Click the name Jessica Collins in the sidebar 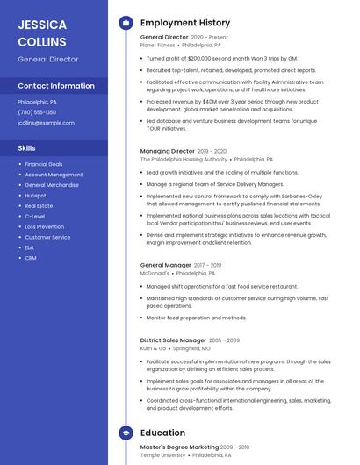[x=42, y=32]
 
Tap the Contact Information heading [x=56, y=86]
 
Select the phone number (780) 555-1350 [x=37, y=112]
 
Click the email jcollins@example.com [x=46, y=123]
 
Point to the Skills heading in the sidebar [x=26, y=148]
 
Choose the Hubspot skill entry [x=36, y=195]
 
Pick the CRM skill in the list [x=31, y=258]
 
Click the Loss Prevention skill [x=44, y=226]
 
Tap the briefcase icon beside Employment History [x=126, y=23]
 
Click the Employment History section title [x=185, y=23]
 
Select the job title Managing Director [x=168, y=151]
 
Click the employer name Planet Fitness [x=163, y=45]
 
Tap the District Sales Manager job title [x=173, y=340]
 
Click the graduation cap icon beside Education [x=126, y=433]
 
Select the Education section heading [x=162, y=433]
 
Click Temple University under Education [x=163, y=455]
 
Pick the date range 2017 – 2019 [x=208, y=265]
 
